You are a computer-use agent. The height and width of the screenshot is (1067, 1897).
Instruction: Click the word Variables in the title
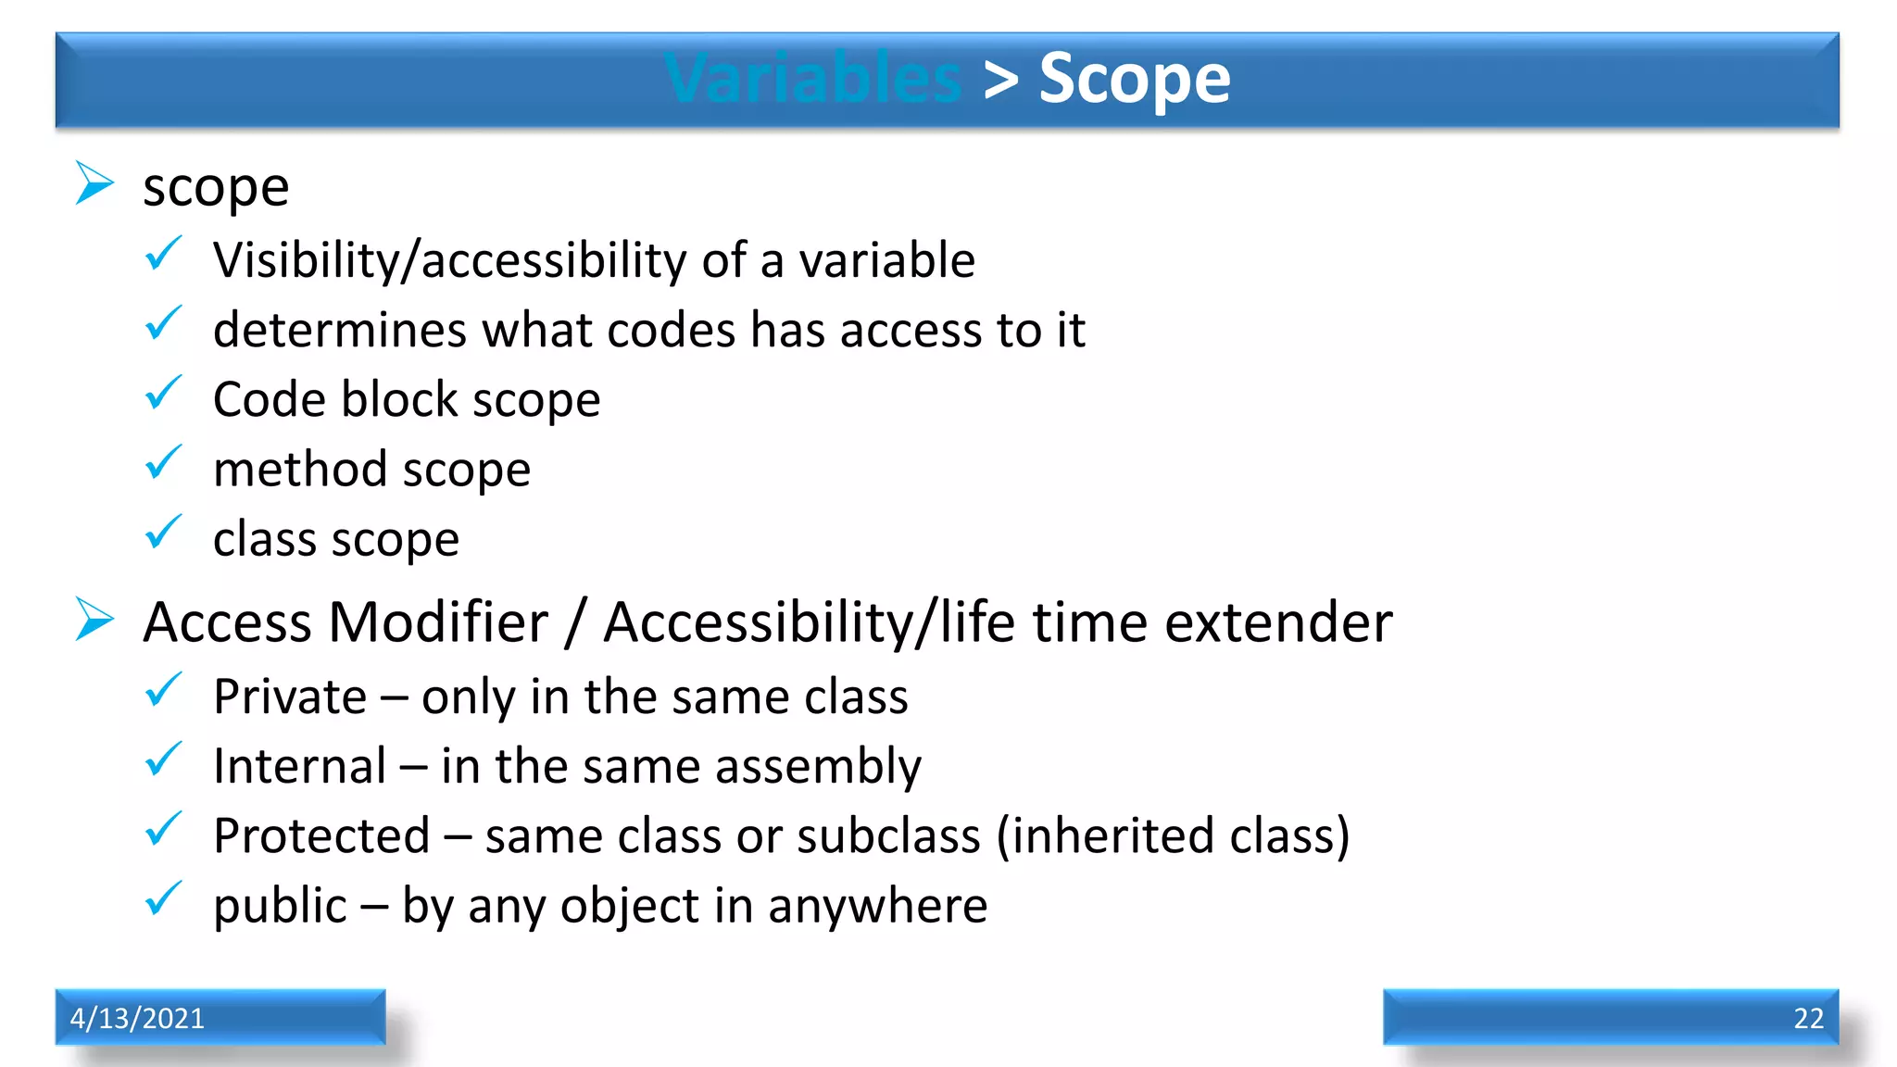tap(813, 79)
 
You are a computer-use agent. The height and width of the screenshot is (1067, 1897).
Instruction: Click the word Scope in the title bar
tap(1134, 79)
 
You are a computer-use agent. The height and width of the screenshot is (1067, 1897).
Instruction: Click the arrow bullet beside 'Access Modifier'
tap(94, 619)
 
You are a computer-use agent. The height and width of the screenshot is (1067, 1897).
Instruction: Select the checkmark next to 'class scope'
tap(164, 533)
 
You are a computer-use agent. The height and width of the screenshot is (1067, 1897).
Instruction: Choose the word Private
tap(290, 697)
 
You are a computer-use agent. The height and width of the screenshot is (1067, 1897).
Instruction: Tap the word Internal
tap(299, 766)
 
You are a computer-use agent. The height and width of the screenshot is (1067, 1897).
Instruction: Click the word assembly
tap(818, 768)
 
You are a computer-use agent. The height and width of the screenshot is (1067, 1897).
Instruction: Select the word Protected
tap(321, 835)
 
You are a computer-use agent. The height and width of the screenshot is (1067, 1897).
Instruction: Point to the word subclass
tap(888, 835)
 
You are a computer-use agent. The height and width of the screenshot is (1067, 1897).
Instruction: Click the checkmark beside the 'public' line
tap(164, 898)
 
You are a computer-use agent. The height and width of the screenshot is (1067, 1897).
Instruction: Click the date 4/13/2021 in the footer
tap(137, 1018)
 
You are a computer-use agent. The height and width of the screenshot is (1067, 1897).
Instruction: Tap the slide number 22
tap(1807, 1018)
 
